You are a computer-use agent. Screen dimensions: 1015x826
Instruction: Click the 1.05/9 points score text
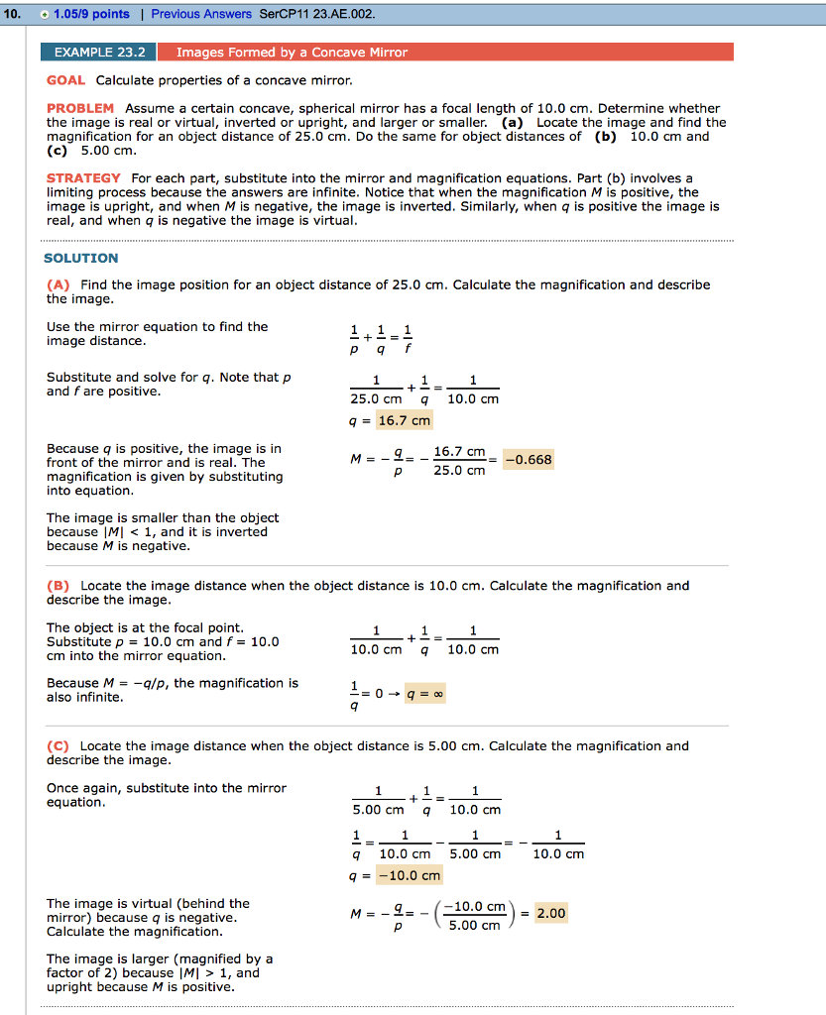tap(91, 14)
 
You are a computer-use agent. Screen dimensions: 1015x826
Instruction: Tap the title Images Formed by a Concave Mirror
tap(292, 52)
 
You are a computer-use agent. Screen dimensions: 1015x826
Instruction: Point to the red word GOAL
tap(65, 79)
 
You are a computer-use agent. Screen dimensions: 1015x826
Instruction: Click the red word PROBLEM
tap(80, 108)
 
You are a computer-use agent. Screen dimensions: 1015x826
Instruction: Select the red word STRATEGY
tap(84, 178)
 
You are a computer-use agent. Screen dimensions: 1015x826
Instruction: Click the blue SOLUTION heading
tap(81, 258)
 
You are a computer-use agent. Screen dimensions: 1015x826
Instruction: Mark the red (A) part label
tap(59, 284)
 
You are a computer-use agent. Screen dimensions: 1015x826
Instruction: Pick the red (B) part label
tap(59, 586)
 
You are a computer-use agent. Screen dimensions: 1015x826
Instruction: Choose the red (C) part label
tap(59, 746)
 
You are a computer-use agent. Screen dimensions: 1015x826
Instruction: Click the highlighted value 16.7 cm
tap(406, 420)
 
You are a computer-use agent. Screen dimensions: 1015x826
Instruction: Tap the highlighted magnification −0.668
tap(529, 460)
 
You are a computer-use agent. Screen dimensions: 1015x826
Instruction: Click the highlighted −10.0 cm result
tap(415, 875)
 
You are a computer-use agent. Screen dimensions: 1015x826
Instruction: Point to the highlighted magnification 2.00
tap(551, 914)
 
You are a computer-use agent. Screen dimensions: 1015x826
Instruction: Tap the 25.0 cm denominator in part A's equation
tap(376, 399)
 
